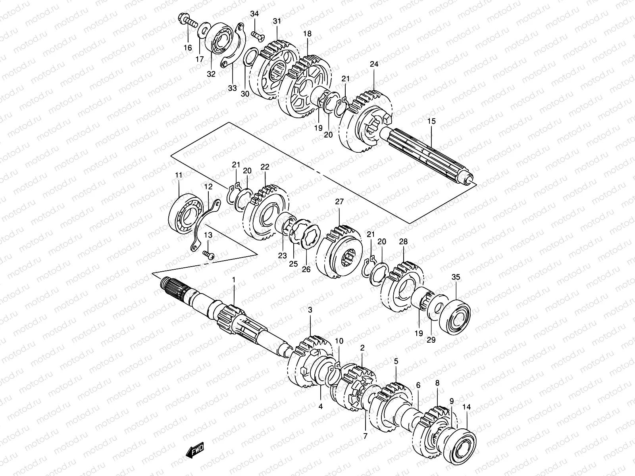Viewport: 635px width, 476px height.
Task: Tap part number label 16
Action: (187, 48)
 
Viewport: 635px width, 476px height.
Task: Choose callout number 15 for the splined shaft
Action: (431, 121)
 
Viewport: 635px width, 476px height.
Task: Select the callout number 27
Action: (339, 202)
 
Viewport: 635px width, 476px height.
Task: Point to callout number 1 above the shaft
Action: (234, 280)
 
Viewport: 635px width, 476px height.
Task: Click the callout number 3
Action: (310, 320)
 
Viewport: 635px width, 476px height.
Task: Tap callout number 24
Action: (374, 64)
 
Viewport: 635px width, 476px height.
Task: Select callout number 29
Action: (432, 340)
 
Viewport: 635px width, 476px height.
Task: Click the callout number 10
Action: (339, 341)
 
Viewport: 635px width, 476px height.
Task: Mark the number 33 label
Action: (232, 88)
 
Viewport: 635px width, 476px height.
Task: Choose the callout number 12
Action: (208, 186)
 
